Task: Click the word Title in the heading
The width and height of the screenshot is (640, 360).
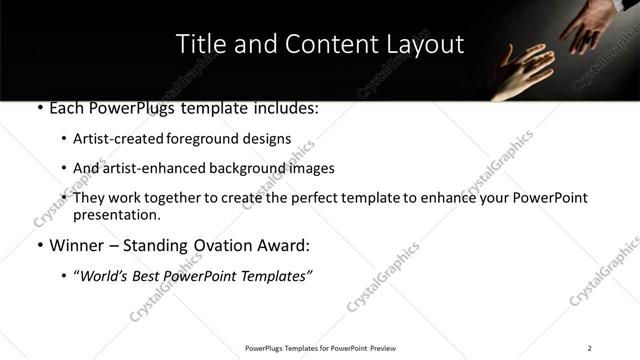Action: click(x=200, y=45)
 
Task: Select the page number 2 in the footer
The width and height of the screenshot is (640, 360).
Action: click(x=589, y=348)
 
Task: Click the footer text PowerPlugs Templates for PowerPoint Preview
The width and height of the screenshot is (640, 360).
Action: click(x=320, y=348)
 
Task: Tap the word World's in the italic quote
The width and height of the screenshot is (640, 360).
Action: click(x=107, y=275)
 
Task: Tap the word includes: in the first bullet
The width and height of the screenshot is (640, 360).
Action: click(x=284, y=107)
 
